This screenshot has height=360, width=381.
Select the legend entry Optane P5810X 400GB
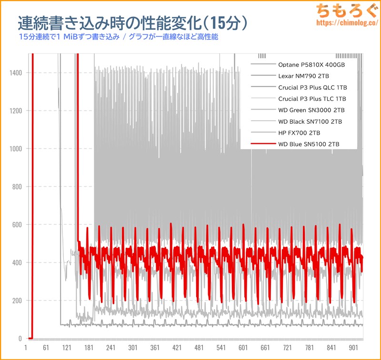pos(311,64)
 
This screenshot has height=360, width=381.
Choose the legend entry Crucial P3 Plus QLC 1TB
pos(312,87)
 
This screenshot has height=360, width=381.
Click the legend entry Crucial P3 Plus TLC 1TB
pos(312,99)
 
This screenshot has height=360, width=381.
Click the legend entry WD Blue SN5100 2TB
pos(309,144)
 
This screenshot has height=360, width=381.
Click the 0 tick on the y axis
pos(20,339)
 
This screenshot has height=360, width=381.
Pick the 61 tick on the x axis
pos(46,348)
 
